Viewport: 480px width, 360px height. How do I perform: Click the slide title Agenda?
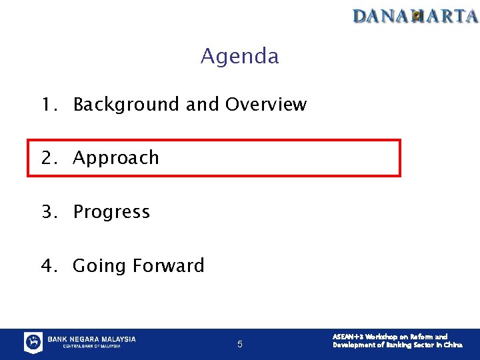(239, 56)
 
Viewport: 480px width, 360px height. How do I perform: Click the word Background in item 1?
(126, 105)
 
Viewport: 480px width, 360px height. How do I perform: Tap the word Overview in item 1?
(266, 105)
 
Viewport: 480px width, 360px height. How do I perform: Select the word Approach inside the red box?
(116, 158)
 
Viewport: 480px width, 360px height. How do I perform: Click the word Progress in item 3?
(111, 212)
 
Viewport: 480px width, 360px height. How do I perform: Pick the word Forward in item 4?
(169, 265)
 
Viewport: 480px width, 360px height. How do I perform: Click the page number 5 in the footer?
(240, 345)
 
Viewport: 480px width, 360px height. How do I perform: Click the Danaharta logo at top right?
(415, 15)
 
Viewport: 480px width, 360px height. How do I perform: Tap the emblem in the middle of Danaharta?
(417, 16)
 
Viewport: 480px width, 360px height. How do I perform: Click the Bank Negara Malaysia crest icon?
(33, 343)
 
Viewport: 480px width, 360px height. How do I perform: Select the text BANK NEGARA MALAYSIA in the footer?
(91, 339)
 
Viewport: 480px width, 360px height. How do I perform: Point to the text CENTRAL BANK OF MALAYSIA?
(91, 347)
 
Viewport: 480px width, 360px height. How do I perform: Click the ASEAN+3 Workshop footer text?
(397, 341)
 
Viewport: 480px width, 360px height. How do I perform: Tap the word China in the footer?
(453, 345)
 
